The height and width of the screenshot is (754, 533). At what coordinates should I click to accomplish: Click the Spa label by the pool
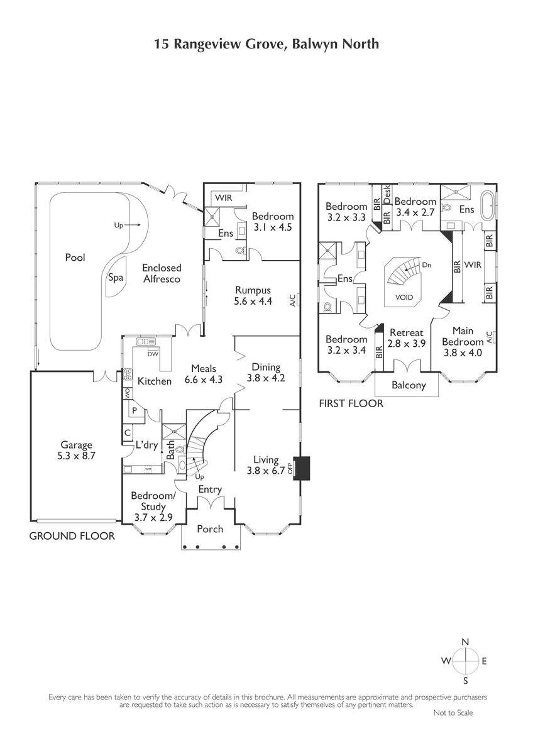point(116,278)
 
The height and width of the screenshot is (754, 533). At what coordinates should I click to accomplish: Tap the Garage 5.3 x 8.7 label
point(76,451)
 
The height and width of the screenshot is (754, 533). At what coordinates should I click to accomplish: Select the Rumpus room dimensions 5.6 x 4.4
point(253,301)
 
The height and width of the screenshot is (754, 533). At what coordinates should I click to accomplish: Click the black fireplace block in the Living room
point(302,468)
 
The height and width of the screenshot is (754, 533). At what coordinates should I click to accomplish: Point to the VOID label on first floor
point(404,297)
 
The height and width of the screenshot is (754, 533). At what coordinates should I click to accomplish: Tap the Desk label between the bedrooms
point(387,194)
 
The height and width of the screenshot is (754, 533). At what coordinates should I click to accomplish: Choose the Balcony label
point(409,385)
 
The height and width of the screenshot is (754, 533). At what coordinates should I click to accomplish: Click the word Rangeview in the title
point(206,45)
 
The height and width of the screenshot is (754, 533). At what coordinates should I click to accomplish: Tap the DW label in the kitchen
point(153,354)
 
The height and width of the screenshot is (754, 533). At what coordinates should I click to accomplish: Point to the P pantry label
point(135,410)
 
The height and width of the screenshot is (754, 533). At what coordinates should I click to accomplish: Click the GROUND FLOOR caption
point(72,536)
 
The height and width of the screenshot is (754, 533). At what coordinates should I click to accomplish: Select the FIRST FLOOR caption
point(351,403)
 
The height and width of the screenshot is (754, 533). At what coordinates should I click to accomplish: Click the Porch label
point(210,529)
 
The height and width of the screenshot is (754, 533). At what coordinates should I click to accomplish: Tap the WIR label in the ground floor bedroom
point(224,197)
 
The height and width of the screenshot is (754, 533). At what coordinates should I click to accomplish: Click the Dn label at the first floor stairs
point(426,265)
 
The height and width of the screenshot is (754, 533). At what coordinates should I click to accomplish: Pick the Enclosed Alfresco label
point(162,273)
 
